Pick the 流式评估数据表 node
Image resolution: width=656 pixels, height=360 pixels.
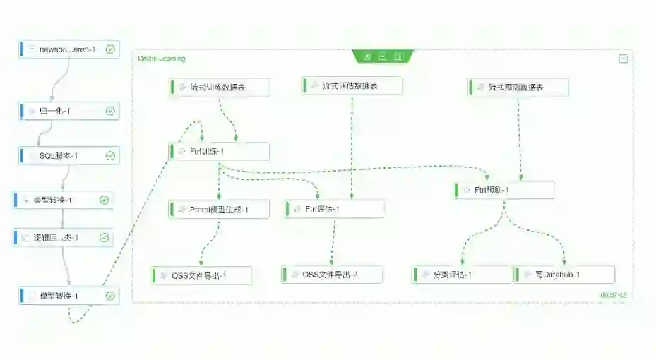click(351, 86)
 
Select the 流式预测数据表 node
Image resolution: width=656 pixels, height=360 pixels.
click(517, 88)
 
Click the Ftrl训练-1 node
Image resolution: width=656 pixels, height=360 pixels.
click(219, 152)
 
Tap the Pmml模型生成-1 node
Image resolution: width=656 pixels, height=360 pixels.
click(219, 210)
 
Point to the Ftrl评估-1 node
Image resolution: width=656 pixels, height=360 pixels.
click(335, 209)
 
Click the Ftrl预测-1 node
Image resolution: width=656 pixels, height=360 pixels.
click(504, 191)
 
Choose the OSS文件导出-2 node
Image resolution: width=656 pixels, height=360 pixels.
click(331, 275)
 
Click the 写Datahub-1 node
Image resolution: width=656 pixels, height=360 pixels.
click(563, 275)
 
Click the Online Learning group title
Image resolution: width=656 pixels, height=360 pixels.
click(162, 59)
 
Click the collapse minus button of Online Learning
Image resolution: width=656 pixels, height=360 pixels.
click(623, 59)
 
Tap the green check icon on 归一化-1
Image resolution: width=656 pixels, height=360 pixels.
click(110, 112)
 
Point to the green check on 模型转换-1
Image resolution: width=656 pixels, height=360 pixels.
click(110, 296)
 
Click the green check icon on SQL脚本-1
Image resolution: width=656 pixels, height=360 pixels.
click(110, 156)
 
